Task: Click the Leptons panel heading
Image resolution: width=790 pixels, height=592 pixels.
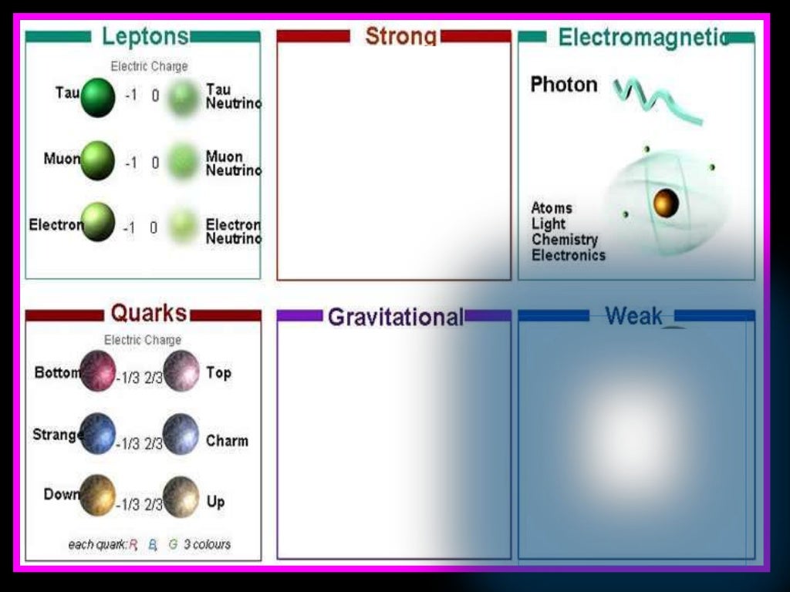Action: click(145, 36)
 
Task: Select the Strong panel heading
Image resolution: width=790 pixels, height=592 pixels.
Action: click(400, 36)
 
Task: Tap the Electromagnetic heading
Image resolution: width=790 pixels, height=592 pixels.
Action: click(643, 37)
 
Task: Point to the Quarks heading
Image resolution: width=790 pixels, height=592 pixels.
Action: click(148, 313)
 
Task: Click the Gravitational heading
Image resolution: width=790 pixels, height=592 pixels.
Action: click(396, 317)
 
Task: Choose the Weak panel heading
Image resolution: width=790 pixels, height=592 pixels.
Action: click(633, 315)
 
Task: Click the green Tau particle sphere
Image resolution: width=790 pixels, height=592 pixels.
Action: click(97, 97)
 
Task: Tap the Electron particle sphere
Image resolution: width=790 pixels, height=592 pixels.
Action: click(98, 222)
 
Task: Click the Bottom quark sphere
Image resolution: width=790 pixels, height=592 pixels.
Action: click(98, 370)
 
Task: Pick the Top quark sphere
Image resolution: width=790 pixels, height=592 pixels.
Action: click(181, 370)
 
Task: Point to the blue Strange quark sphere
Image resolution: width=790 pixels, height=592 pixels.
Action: click(97, 433)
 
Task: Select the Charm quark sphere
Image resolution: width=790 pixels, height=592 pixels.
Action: click(181, 434)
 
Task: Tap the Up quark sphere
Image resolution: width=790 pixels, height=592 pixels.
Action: click(181, 496)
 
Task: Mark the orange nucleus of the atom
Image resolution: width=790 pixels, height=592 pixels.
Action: click(666, 203)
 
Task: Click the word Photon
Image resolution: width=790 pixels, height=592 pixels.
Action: click(564, 85)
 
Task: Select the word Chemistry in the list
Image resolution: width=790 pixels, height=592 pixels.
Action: click(564, 240)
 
